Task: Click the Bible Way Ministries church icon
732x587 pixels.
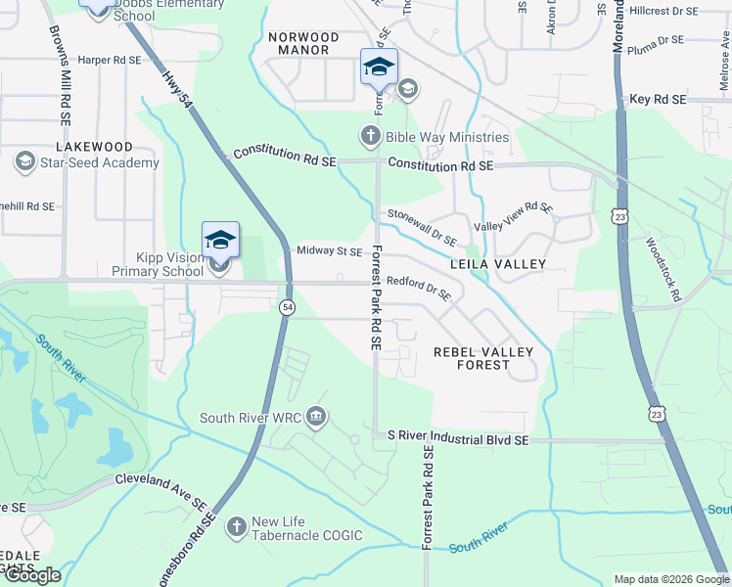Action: click(x=371, y=137)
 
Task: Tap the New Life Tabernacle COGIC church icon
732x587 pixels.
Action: click(x=236, y=528)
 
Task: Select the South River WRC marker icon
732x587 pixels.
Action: click(x=316, y=418)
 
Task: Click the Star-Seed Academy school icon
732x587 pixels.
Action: click(x=25, y=162)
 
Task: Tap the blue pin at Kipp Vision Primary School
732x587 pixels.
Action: click(x=220, y=241)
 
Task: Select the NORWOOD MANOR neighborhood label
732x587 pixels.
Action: click(x=303, y=45)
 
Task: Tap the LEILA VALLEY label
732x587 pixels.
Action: click(x=497, y=265)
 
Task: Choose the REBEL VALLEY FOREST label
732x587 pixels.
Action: click(x=483, y=358)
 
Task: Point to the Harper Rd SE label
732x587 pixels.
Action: click(x=110, y=60)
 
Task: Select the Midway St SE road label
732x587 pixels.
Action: click(x=329, y=251)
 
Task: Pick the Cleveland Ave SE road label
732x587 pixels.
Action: click(x=160, y=489)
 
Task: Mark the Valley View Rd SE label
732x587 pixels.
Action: click(x=514, y=216)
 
